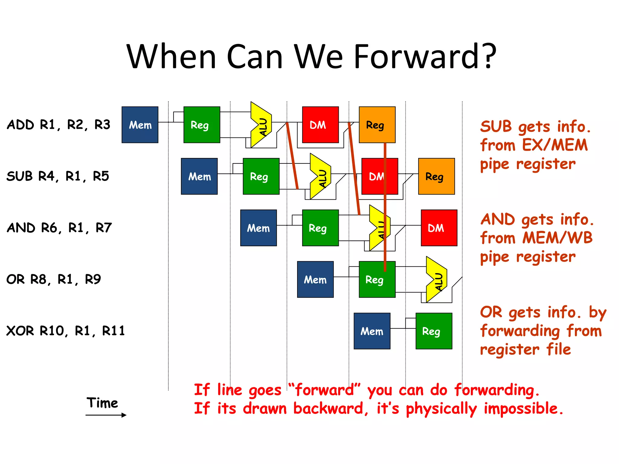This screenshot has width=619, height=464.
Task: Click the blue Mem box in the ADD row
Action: click(140, 124)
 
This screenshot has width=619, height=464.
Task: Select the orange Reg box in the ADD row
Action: click(377, 124)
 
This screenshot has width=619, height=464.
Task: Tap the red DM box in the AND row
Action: click(439, 228)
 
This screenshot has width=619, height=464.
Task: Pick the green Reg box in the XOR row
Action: click(434, 331)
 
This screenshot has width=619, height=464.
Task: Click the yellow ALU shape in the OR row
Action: click(436, 279)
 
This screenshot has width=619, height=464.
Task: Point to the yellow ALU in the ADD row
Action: click(261, 125)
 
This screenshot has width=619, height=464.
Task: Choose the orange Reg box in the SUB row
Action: click(436, 176)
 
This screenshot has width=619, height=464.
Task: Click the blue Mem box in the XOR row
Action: click(372, 331)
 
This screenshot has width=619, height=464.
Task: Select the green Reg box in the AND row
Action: click(320, 228)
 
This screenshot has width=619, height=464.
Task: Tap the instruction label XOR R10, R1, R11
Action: click(65, 331)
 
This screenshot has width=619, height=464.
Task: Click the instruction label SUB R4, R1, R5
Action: click(57, 176)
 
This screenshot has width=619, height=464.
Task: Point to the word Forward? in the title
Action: click(424, 56)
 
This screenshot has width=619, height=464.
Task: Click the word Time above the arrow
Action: click(102, 403)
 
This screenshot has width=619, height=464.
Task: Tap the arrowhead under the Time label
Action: click(124, 415)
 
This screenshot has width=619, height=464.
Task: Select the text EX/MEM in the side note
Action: click(555, 145)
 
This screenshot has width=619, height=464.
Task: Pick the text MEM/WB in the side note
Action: click(557, 238)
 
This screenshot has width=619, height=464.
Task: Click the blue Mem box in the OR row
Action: click(315, 279)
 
